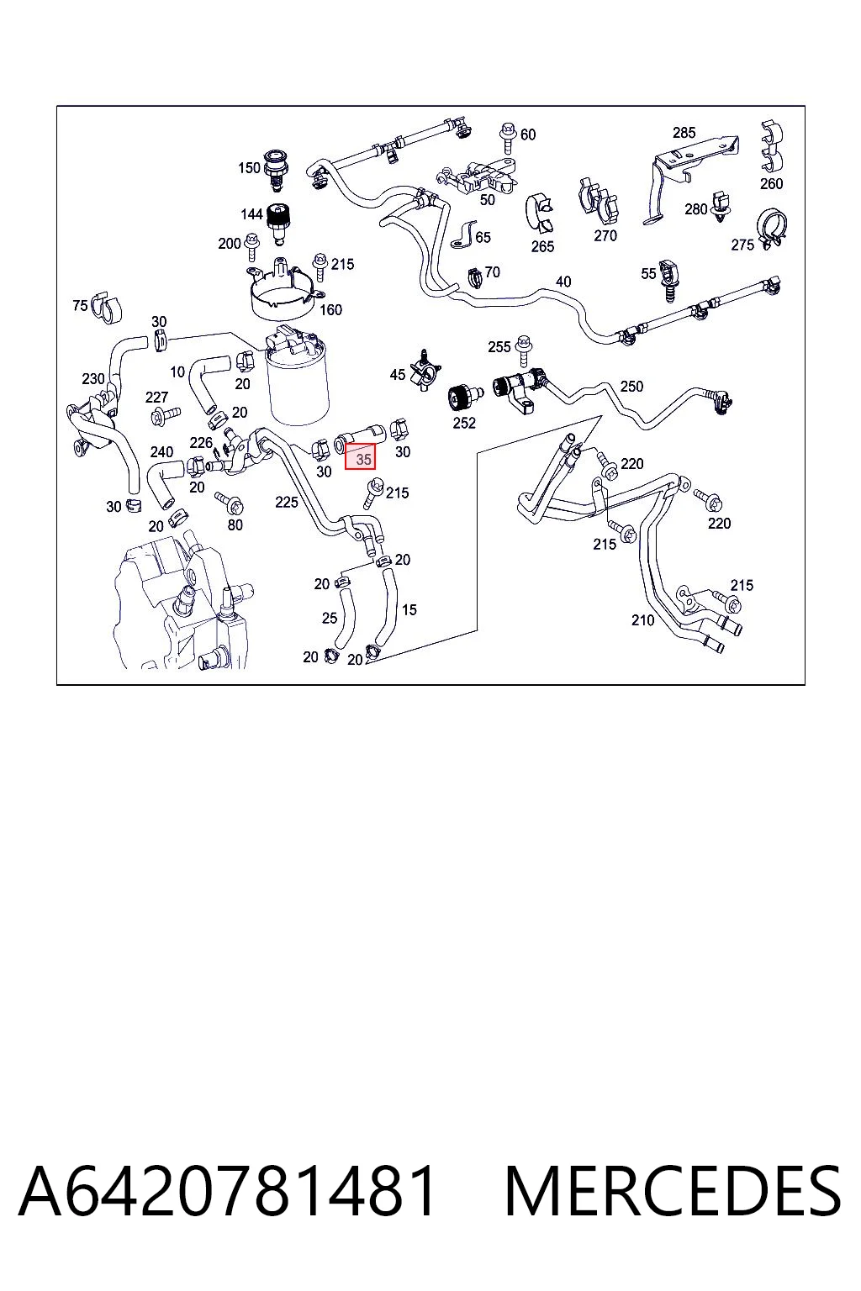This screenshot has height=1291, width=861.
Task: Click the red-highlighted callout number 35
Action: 363,459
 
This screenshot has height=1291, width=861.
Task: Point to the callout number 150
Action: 249,168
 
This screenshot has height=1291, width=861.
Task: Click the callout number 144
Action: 251,214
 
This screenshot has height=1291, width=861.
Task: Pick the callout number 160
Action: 330,310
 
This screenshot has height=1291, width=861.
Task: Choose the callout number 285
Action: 684,133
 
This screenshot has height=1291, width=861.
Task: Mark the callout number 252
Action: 464,423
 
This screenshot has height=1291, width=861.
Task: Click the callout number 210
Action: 642,620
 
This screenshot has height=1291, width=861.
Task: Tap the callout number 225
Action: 287,502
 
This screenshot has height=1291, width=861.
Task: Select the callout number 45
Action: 398,375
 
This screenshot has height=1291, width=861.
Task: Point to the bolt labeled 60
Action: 508,139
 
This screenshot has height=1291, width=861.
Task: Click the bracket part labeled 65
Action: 462,235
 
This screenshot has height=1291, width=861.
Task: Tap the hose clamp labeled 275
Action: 772,229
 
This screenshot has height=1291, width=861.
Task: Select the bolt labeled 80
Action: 230,503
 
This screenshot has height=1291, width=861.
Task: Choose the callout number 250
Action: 631,386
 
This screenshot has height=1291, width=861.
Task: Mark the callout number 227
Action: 156,397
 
